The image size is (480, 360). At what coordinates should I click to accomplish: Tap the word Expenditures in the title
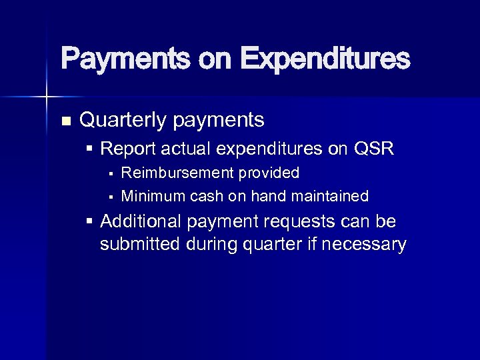tap(325, 59)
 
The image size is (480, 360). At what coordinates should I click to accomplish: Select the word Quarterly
tap(123, 121)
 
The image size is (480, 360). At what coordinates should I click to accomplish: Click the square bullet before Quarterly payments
tap(65, 121)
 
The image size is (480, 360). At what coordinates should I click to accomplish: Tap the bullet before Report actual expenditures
tap(90, 148)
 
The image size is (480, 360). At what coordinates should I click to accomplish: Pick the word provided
tap(269, 173)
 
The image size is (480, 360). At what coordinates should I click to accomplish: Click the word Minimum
tap(153, 196)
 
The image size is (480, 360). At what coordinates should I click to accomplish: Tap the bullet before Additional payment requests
tap(90, 221)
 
